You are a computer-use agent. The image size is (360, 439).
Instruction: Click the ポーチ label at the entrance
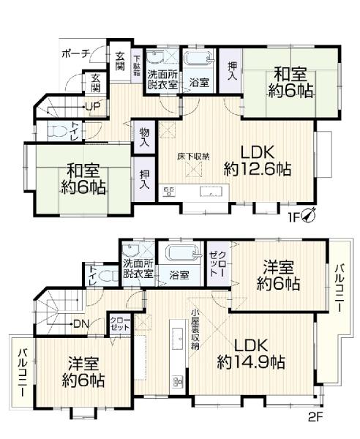pyautogui.click(x=75, y=53)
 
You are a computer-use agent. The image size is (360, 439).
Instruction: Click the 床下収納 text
pyautogui.click(x=195, y=157)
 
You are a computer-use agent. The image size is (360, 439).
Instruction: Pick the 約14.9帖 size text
pyautogui.click(x=250, y=361)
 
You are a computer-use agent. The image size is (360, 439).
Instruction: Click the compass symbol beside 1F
pyautogui.click(x=312, y=215)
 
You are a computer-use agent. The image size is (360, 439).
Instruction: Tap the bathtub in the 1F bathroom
pyautogui.click(x=195, y=60)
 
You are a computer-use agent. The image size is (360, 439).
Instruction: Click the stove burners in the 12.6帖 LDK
pyautogui.click(x=170, y=193)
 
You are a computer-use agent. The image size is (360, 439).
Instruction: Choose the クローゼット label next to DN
pyautogui.click(x=117, y=324)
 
